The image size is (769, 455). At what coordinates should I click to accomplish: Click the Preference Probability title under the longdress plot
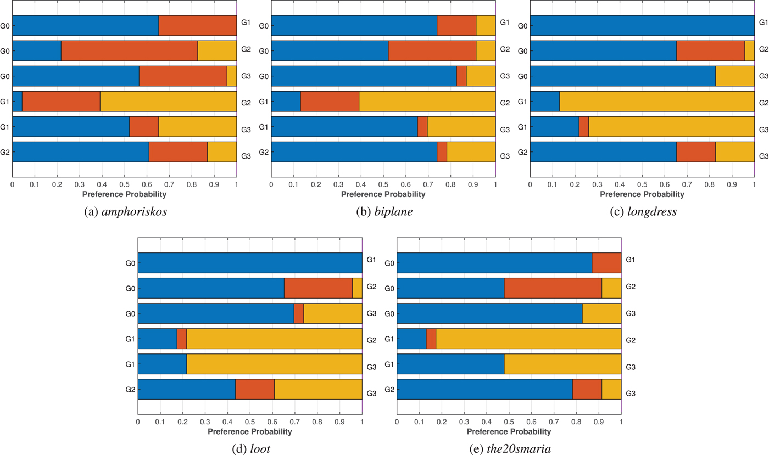point(642,194)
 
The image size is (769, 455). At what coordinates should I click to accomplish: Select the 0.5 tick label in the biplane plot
point(383,185)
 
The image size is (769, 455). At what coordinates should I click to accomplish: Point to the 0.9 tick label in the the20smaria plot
point(599,423)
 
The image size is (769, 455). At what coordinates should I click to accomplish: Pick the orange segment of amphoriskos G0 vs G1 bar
point(198,26)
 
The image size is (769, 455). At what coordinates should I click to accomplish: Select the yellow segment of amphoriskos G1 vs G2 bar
point(168,102)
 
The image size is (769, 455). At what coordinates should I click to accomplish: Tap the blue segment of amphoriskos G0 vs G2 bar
point(37,51)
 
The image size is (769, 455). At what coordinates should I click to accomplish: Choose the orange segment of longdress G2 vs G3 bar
point(696,152)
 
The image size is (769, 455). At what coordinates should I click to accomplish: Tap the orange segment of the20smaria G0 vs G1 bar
point(606,263)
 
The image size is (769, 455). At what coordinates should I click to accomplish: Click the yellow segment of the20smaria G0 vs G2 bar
point(611,289)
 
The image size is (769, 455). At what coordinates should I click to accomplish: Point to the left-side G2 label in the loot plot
point(130,390)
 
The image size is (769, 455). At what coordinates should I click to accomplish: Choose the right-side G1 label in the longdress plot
point(763,23)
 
